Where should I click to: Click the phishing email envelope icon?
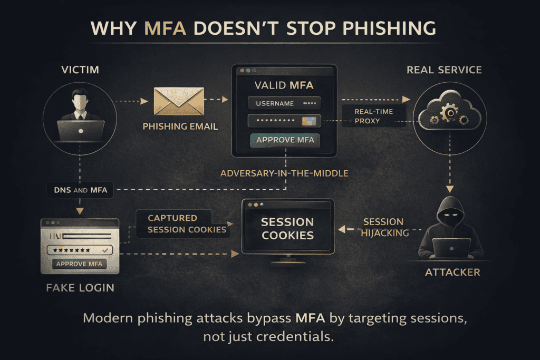[179, 101]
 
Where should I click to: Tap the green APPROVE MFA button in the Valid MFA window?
[285, 140]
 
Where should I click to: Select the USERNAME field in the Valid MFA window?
[284, 103]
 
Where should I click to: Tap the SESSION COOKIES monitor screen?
[287, 229]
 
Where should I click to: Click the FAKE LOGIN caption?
[79, 288]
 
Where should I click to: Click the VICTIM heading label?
[80, 70]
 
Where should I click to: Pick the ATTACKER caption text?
[452, 273]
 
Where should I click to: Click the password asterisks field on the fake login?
[79, 249]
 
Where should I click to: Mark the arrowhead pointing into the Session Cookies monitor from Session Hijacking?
[341, 229]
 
